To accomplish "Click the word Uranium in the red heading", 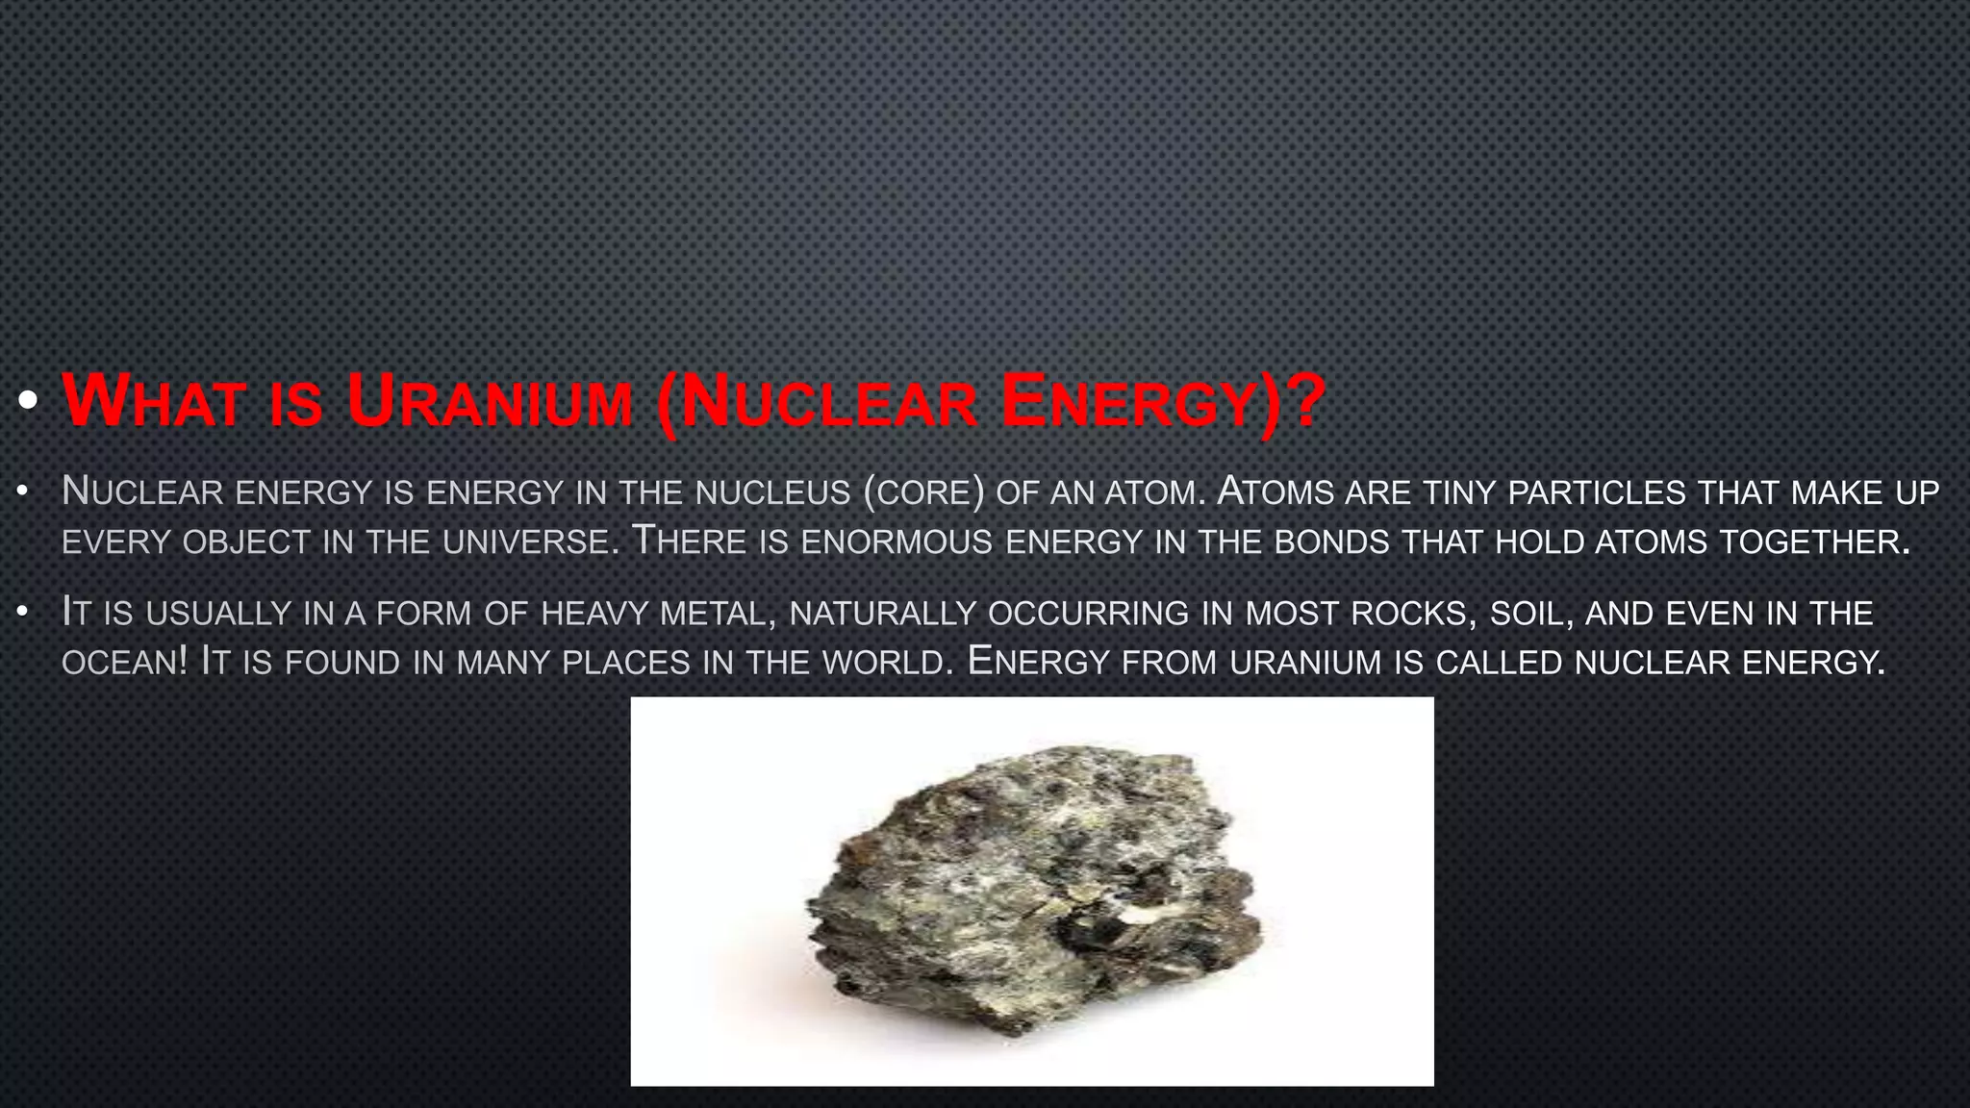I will pyautogui.click(x=490, y=401).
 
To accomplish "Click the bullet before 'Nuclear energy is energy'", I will pyautogui.click(x=23, y=492).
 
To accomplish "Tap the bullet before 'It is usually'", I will pyautogui.click(x=23, y=613).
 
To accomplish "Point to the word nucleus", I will pyautogui.click(x=772, y=492).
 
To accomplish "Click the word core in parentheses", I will pyautogui.click(x=923, y=492).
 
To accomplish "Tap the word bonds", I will pyautogui.click(x=1332, y=542).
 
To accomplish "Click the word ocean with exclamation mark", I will pyautogui.click(x=124, y=663).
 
